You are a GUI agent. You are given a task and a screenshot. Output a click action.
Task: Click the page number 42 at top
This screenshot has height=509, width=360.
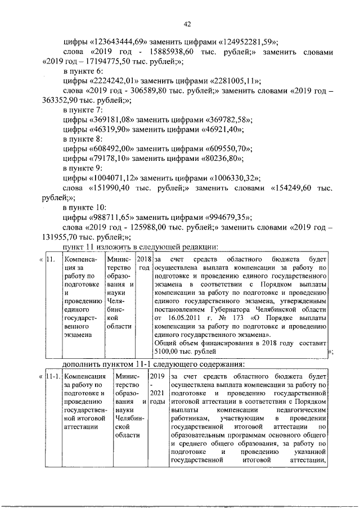point(188,24)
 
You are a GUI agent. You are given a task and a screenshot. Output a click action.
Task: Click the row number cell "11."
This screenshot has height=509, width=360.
point(51,259)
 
